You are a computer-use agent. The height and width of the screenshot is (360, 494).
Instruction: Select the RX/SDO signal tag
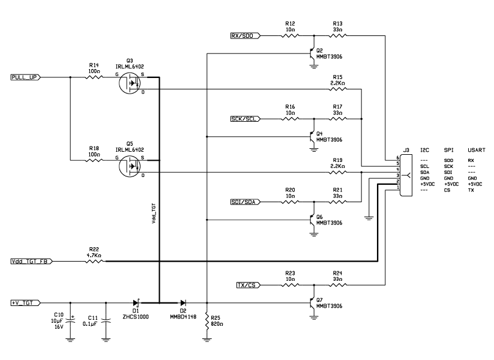click(x=245, y=35)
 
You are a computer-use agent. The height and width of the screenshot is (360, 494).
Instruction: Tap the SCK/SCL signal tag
click(x=245, y=118)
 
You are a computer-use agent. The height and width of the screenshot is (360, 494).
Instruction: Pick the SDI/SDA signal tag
click(x=245, y=202)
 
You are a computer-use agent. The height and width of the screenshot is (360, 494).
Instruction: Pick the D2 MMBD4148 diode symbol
click(x=182, y=303)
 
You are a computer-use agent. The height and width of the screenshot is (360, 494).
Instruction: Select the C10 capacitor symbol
click(x=70, y=321)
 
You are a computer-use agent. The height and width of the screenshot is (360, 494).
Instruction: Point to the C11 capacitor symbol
click(x=106, y=321)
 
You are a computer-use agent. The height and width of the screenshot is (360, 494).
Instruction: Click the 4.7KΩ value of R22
click(x=93, y=255)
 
